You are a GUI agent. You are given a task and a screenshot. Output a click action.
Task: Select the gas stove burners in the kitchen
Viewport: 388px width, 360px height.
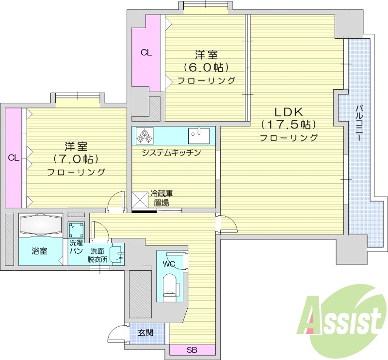click(144, 136)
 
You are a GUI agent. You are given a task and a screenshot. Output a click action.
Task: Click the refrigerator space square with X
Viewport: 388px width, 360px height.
click(140, 200)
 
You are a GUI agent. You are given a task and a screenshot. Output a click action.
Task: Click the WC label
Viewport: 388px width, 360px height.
click(169, 264)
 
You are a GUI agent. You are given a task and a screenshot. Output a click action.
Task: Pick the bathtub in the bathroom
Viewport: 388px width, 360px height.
click(41, 225)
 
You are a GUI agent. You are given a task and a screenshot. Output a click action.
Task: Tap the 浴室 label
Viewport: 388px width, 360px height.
click(40, 251)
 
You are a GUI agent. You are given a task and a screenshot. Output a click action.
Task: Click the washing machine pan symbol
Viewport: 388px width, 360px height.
click(76, 230)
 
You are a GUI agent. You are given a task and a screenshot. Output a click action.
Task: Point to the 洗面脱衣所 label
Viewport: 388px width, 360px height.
click(97, 255)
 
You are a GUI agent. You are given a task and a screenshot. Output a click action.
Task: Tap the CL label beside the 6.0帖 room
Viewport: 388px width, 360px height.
click(146, 53)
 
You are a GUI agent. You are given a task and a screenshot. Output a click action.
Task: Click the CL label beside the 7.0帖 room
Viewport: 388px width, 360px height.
click(13, 157)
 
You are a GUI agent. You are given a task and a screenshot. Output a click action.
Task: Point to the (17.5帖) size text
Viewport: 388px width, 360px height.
click(288, 125)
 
